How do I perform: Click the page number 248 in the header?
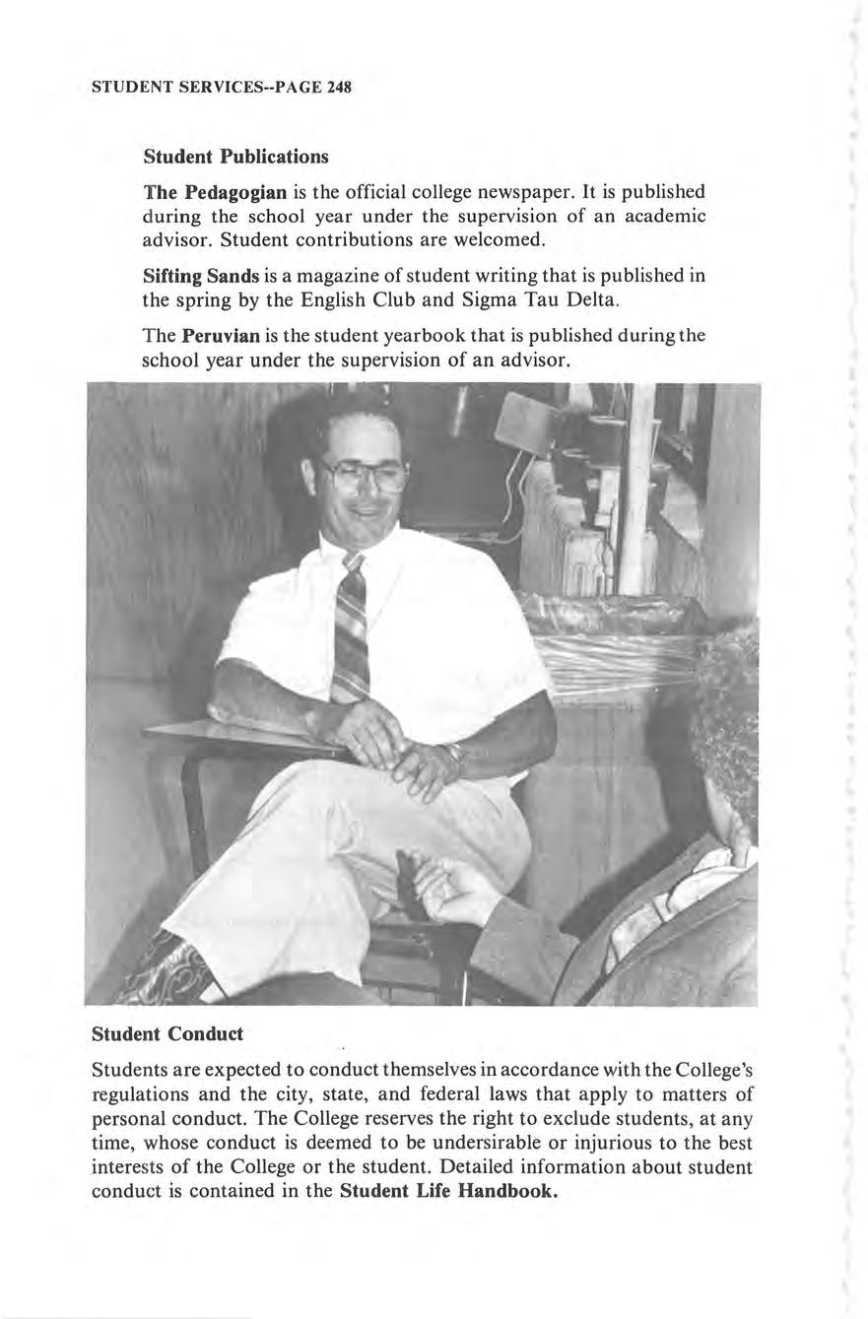tap(339, 87)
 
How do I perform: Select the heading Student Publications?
tap(235, 157)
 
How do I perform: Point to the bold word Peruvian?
tap(222, 335)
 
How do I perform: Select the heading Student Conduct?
tap(167, 1034)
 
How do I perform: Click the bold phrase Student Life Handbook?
tap(449, 1191)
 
